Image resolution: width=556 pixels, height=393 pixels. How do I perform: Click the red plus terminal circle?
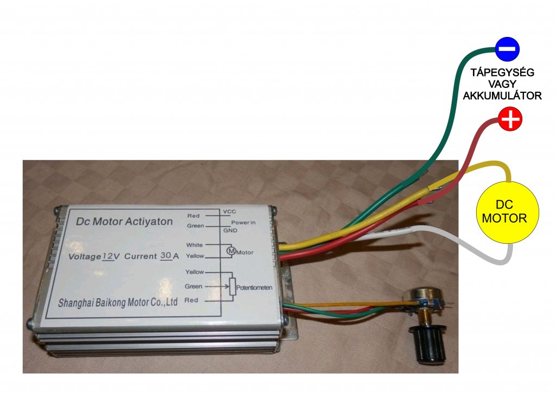click(x=510, y=119)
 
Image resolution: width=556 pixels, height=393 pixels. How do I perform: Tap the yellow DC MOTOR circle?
click(x=508, y=211)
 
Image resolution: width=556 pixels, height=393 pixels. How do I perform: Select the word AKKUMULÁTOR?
click(x=502, y=96)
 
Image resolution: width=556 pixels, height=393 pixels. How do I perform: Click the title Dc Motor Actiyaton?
click(x=124, y=221)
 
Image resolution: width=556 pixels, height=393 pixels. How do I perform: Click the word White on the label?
click(x=194, y=245)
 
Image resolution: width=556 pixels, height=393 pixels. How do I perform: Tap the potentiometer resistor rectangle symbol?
click(x=232, y=287)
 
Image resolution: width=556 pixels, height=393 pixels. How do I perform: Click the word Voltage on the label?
click(x=85, y=256)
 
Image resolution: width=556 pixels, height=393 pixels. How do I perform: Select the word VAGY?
click(x=502, y=84)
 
